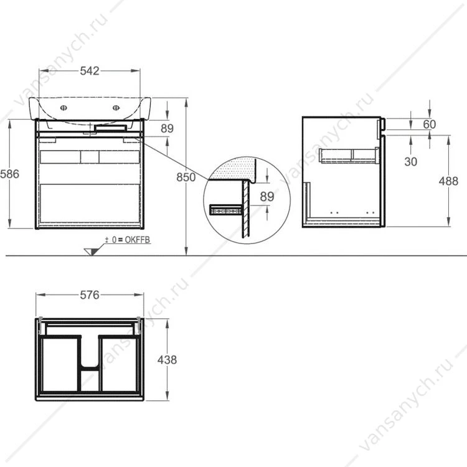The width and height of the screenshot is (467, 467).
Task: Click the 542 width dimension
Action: (x=90, y=71)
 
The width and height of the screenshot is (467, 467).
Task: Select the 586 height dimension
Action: (x=9, y=174)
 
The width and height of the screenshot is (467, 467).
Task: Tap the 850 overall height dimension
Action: (x=186, y=177)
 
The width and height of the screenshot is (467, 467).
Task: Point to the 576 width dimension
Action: (x=90, y=295)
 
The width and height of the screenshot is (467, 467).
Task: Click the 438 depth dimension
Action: (x=167, y=360)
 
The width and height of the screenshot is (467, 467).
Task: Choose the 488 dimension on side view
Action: (x=448, y=181)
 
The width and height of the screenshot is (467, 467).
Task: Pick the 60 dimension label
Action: (x=430, y=124)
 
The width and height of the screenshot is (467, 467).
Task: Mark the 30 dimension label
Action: (x=411, y=162)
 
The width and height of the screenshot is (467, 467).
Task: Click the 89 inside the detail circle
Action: (x=267, y=197)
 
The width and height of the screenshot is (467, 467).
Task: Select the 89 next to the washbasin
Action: (x=167, y=128)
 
